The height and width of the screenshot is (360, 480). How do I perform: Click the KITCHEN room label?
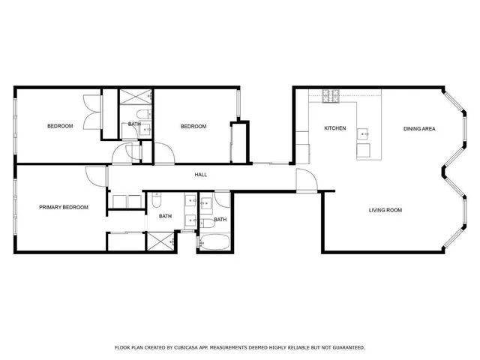pyautogui.click(x=334, y=128)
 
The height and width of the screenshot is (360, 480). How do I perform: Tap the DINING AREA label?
pyautogui.click(x=419, y=128)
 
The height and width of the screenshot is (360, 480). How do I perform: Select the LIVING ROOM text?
pyautogui.click(x=385, y=210)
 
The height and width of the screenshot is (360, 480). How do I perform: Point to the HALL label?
pyautogui.click(x=201, y=175)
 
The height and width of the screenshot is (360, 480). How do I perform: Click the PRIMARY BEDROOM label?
pyautogui.click(x=64, y=207)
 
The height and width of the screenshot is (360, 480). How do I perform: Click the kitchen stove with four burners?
pyautogui.click(x=331, y=95)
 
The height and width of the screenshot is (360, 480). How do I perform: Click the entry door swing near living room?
pyautogui.click(x=306, y=180)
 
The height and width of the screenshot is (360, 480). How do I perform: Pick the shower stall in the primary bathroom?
pyautogui.click(x=158, y=241)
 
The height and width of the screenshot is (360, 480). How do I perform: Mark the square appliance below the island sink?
pyautogui.click(x=364, y=151)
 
